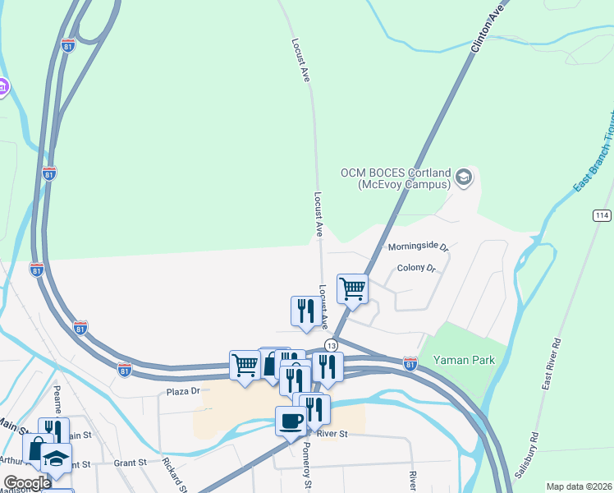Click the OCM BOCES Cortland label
[396, 178]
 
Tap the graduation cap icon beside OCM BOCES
[464, 177]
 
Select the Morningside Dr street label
[418, 246]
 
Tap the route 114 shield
[602, 214]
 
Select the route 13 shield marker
[331, 344]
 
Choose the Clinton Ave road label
[486, 27]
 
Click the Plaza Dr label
[183, 391]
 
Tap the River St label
[332, 433]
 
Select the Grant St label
[130, 463]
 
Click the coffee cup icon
[291, 422]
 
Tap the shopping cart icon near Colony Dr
[353, 289]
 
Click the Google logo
[27, 483]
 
